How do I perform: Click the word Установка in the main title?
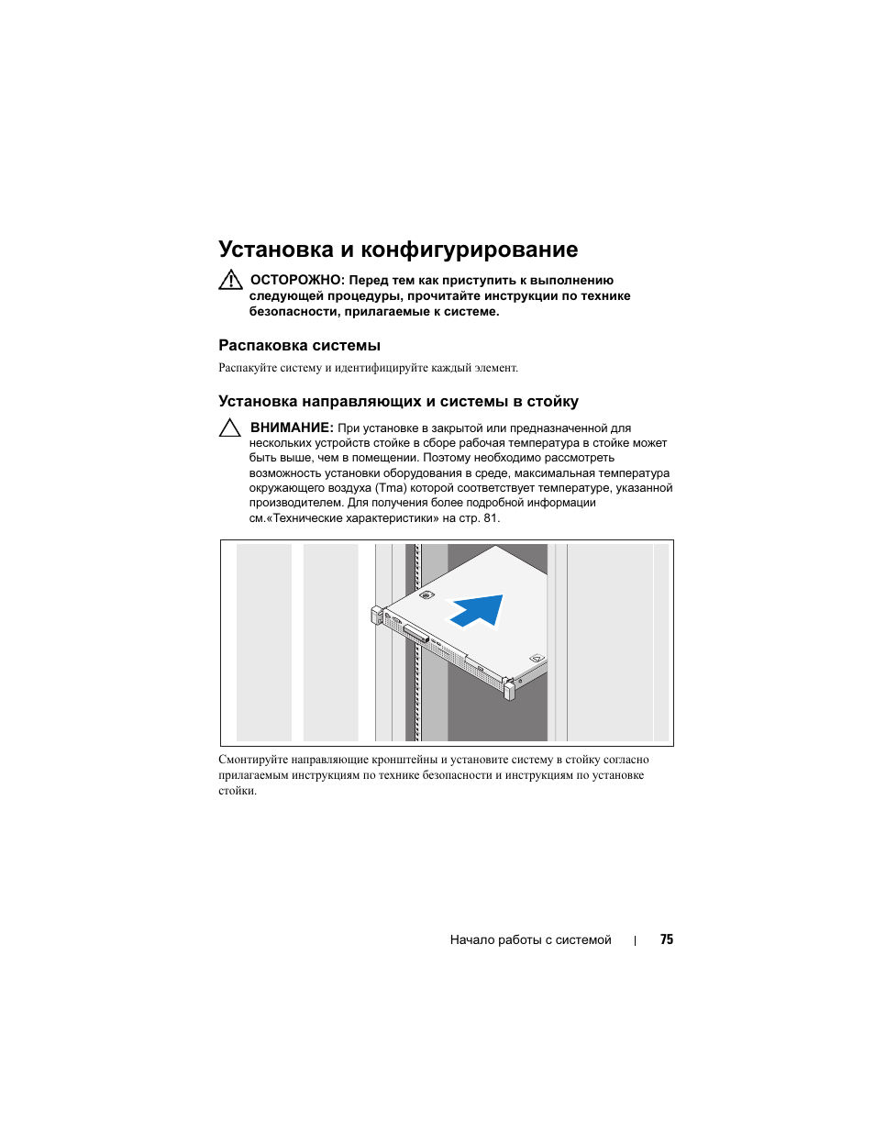pyautogui.click(x=276, y=250)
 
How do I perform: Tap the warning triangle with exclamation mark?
pyautogui.click(x=230, y=280)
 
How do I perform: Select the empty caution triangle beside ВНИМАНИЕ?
pyautogui.click(x=230, y=428)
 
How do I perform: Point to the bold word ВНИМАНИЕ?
pyautogui.click(x=292, y=428)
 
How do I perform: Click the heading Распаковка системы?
pyautogui.click(x=299, y=345)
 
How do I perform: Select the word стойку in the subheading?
pyautogui.click(x=552, y=401)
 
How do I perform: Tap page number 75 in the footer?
pyautogui.click(x=667, y=939)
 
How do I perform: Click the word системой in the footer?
pyautogui.click(x=583, y=939)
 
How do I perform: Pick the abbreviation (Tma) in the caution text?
pyautogui.click(x=391, y=488)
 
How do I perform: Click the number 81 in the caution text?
pyautogui.click(x=490, y=518)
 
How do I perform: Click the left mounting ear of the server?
pyautogui.click(x=376, y=615)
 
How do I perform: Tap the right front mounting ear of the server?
pyautogui.click(x=510, y=687)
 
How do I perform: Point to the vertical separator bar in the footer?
pyautogui.click(x=636, y=940)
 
